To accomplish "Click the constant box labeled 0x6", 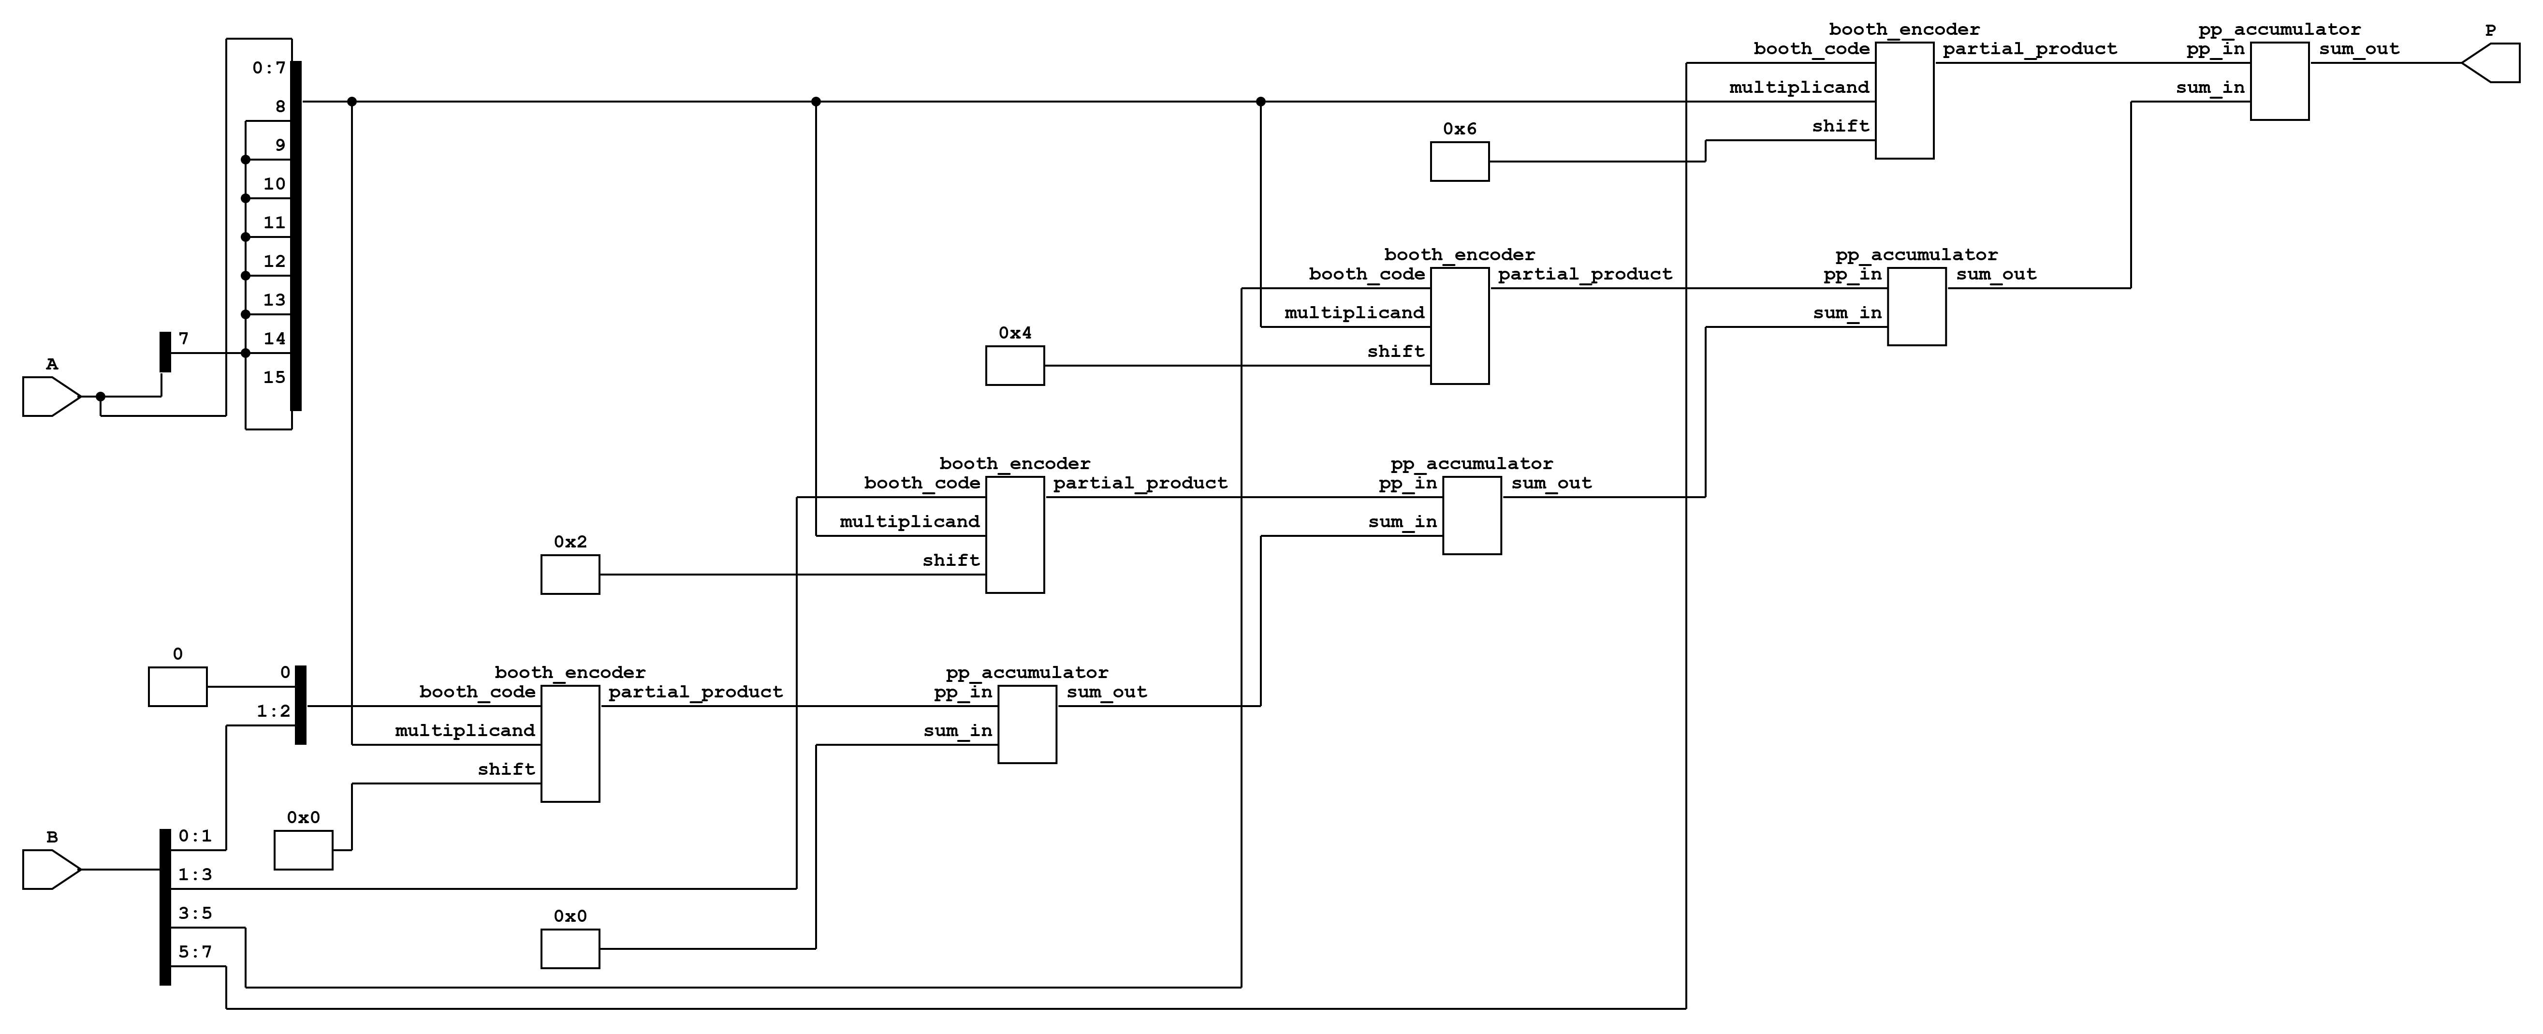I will (1459, 161).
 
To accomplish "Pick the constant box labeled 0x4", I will (1014, 366).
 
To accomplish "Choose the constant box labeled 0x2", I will (570, 574).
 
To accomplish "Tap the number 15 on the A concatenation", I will (274, 376).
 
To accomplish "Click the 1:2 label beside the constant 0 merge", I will (274, 711).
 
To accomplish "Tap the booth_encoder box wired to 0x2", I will (1014, 534).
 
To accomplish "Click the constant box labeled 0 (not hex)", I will (178, 686).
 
